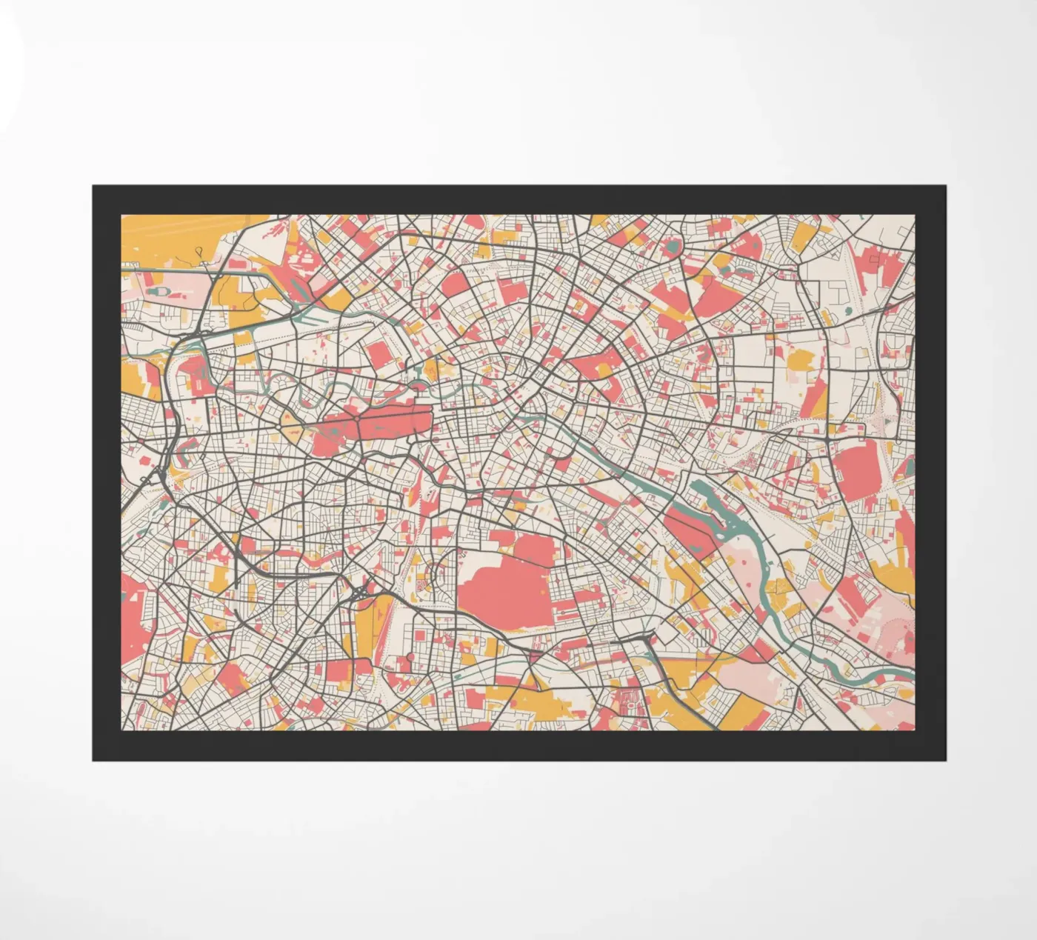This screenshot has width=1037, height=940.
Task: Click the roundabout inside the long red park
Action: [x=357, y=419]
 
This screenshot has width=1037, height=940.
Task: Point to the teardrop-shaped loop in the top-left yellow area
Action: [x=201, y=253]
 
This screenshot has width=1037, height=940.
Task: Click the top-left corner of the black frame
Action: [x=93, y=186]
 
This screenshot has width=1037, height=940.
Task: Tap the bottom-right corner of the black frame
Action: [x=945, y=759]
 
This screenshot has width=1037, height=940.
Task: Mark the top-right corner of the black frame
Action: [x=945, y=186]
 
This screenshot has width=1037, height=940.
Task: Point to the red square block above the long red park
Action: [x=379, y=356]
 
